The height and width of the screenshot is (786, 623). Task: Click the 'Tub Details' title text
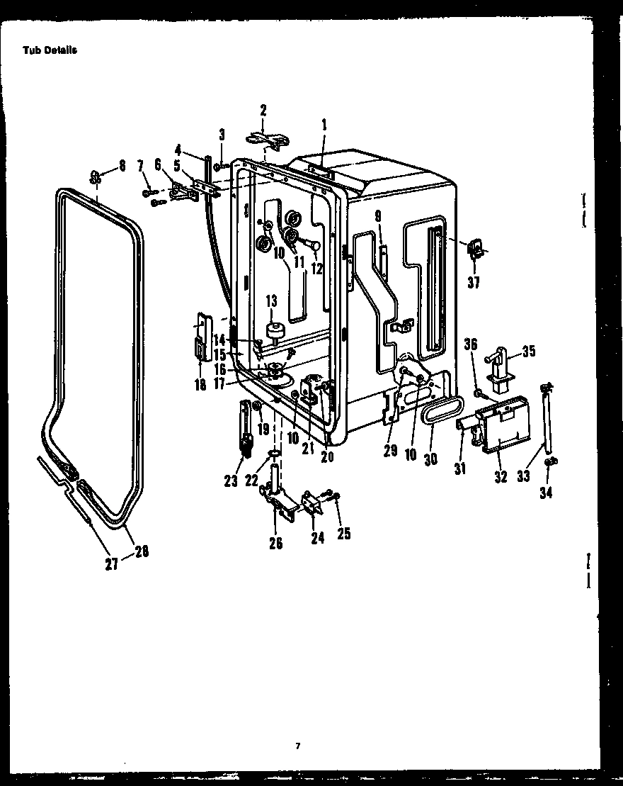point(50,50)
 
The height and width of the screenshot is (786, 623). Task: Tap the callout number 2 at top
point(263,110)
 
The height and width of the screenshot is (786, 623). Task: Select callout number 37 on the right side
point(474,282)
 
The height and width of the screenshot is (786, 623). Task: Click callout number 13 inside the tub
point(271,303)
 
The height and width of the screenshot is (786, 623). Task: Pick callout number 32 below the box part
point(501,477)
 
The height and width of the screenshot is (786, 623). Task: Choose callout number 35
point(529,351)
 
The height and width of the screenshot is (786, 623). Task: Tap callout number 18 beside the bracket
point(200,385)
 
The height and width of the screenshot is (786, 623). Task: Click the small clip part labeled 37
point(475,247)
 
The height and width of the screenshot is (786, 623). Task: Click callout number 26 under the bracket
point(276,543)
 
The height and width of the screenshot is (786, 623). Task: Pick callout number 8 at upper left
point(122,165)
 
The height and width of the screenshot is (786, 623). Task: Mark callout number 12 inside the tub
point(316,269)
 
